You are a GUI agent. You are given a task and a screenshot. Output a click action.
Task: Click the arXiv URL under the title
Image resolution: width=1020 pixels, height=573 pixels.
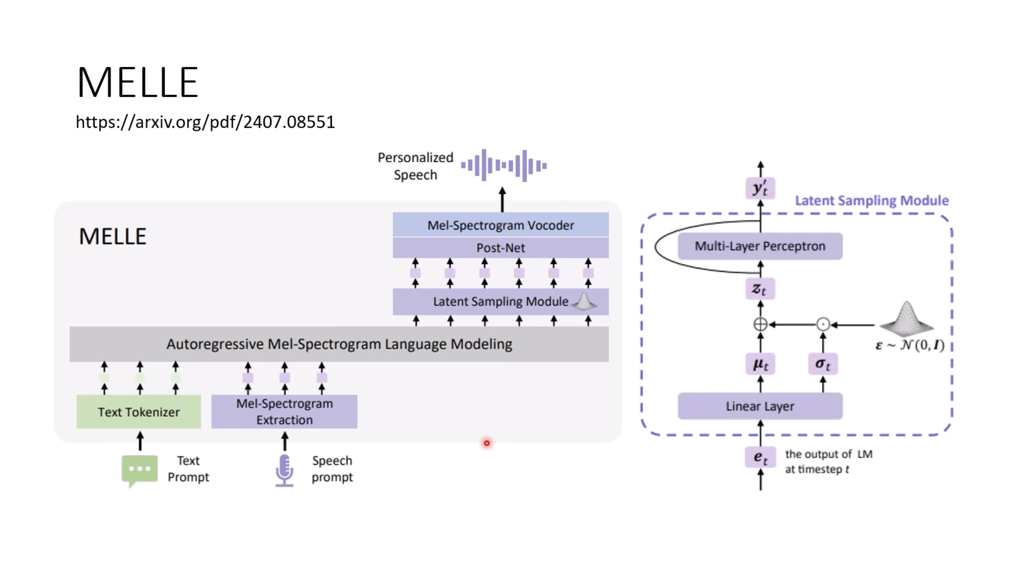click(x=205, y=122)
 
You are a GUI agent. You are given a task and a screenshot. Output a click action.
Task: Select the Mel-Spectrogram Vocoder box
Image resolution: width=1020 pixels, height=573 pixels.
click(x=500, y=225)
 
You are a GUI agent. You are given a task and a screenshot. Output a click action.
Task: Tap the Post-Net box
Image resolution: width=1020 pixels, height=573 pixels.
click(x=500, y=248)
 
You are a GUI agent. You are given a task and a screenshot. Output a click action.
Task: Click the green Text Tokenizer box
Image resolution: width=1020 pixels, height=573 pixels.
click(x=139, y=412)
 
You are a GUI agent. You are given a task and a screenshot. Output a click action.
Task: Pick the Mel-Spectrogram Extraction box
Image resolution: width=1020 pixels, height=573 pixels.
click(x=284, y=412)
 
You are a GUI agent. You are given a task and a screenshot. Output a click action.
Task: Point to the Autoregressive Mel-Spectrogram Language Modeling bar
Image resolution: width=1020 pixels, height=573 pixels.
click(x=339, y=344)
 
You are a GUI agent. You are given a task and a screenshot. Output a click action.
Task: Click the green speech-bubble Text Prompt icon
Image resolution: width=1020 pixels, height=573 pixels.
click(x=139, y=470)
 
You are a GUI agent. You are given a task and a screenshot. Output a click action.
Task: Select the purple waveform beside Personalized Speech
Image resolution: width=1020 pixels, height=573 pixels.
click(x=504, y=166)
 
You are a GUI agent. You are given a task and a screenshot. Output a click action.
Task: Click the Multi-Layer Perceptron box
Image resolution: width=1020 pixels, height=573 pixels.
click(x=760, y=246)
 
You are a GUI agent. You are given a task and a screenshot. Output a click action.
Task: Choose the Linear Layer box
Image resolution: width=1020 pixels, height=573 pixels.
click(x=760, y=406)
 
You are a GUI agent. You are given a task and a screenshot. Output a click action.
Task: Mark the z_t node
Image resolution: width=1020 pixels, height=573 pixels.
click(x=760, y=289)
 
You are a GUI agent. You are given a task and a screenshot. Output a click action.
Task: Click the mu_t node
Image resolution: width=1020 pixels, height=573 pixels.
click(x=760, y=364)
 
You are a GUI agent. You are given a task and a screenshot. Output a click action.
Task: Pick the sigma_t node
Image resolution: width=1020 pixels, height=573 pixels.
click(x=822, y=364)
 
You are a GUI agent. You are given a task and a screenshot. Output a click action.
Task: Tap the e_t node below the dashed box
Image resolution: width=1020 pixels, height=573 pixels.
click(x=760, y=457)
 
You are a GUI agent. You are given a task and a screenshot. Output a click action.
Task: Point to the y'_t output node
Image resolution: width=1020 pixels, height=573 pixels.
click(x=760, y=188)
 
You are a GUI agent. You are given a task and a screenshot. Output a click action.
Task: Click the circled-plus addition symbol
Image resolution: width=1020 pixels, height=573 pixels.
click(x=760, y=324)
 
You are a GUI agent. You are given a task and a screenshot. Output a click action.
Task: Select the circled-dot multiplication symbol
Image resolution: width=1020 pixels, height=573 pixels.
click(x=823, y=324)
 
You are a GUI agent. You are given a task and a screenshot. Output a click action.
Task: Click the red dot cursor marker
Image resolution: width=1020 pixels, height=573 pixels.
click(x=487, y=443)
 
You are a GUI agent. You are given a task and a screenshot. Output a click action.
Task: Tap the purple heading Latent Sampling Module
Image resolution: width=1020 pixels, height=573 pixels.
click(x=872, y=201)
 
